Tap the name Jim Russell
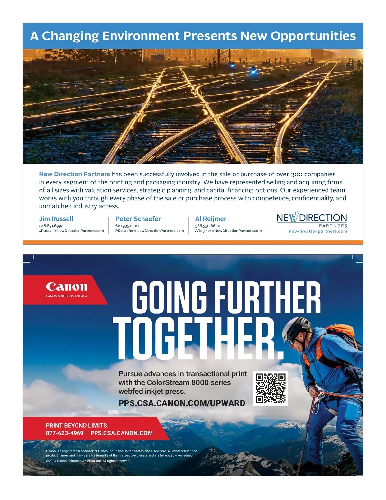click(x=56, y=219)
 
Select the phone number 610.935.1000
click(x=127, y=226)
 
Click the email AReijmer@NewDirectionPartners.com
click(x=228, y=231)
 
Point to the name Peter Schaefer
click(x=138, y=219)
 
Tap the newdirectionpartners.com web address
click(x=318, y=231)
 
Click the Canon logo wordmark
click(x=67, y=287)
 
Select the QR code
click(x=271, y=388)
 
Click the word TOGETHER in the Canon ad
click(x=198, y=339)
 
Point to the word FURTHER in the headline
click(x=267, y=297)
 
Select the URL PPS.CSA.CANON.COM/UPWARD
click(x=182, y=403)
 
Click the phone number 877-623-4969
click(x=64, y=433)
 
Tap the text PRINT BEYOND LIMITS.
click(x=77, y=425)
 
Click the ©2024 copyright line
click(x=88, y=461)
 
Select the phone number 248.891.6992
click(x=51, y=226)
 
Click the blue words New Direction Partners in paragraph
click(x=74, y=174)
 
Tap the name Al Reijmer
click(x=211, y=219)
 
